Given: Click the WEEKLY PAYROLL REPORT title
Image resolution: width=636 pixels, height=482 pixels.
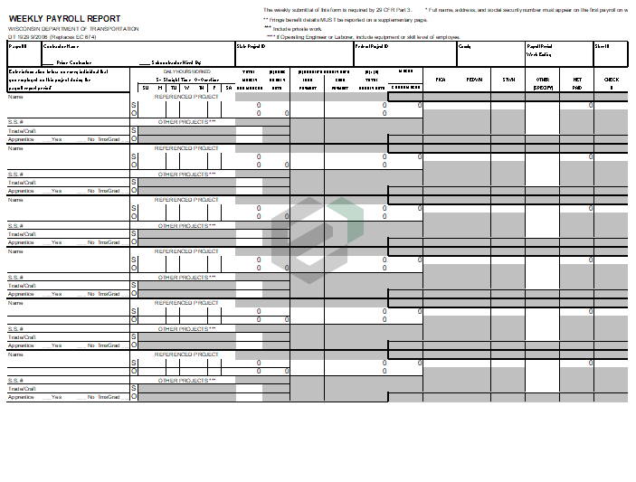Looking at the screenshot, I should (x=64, y=19).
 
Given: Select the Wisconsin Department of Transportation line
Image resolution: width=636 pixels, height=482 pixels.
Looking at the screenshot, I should (x=73, y=29).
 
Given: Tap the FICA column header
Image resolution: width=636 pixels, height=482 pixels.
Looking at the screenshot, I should (x=440, y=80).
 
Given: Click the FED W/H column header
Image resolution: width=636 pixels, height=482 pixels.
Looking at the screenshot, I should (x=474, y=80).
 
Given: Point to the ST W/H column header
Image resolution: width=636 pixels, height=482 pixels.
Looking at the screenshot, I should (x=508, y=80).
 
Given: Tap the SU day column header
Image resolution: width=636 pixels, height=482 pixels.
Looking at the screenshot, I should (x=146, y=87).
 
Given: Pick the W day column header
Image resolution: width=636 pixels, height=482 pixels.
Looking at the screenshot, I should (x=187, y=87).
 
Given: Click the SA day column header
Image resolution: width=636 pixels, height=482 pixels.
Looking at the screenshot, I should (x=228, y=87).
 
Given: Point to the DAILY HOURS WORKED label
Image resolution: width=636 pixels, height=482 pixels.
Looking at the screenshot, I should (x=186, y=70).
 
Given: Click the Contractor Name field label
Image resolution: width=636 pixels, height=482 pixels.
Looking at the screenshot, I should (x=62, y=45).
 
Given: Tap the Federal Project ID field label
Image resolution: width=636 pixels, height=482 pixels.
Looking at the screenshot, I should (x=371, y=45).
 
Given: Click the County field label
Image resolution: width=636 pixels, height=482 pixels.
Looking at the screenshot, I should (x=465, y=45).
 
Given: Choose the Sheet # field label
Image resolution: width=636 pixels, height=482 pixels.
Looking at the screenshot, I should (x=602, y=45).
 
